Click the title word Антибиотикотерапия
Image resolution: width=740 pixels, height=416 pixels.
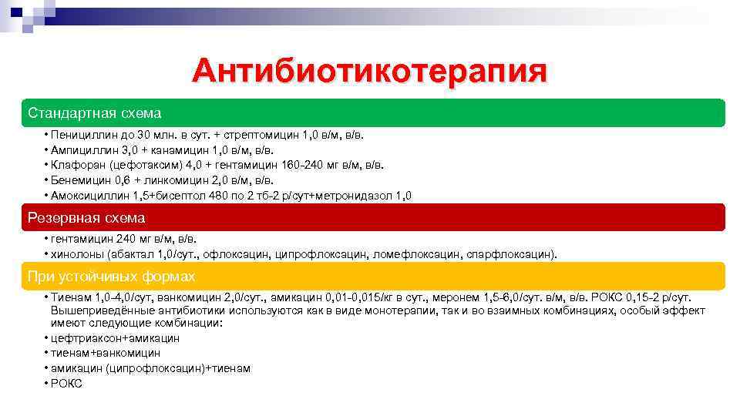coord(370,72)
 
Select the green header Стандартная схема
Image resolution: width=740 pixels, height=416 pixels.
coord(94,113)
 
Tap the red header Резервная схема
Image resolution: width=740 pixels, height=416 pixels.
coord(86,218)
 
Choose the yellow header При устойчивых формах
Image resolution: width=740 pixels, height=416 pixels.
coord(111,276)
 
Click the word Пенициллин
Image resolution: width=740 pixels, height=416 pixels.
coord(81,135)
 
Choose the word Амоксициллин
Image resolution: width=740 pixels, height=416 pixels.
coord(88,196)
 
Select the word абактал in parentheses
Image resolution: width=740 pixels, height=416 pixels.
coord(133,253)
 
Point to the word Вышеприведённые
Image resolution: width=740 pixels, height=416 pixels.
coord(98,310)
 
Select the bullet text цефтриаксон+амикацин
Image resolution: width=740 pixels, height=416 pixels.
coord(115,338)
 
